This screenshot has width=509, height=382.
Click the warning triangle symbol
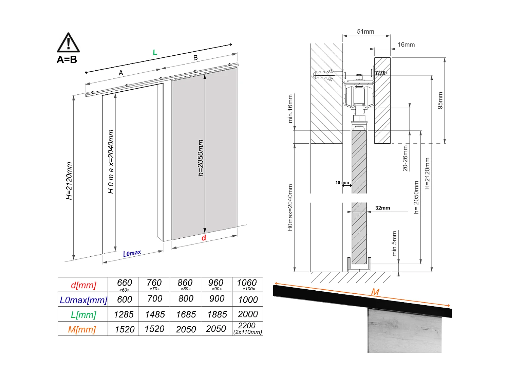coord(68,43)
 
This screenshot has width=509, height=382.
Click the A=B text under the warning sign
coord(67,60)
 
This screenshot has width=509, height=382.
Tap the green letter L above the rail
coord(155,53)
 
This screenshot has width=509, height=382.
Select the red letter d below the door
coord(204,238)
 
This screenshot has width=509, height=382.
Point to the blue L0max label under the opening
coord(132,253)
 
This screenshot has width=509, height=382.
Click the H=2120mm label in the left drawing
coord(69,181)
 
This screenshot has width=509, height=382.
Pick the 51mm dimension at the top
coord(365,32)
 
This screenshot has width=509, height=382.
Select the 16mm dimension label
coord(406,45)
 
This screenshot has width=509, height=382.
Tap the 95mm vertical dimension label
coord(440,101)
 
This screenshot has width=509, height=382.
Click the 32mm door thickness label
coord(382,208)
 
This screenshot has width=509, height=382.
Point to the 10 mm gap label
coord(342,183)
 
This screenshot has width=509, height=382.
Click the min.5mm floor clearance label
coord(394,243)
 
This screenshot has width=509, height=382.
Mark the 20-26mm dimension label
coord(405,158)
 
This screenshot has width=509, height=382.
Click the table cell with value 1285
coord(124,314)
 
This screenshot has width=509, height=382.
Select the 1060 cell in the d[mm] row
coord(247,285)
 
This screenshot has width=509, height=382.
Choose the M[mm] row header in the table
coord(82,329)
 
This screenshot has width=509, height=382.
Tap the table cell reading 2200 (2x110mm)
coord(247,328)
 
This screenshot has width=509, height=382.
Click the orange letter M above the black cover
coord(375,292)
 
